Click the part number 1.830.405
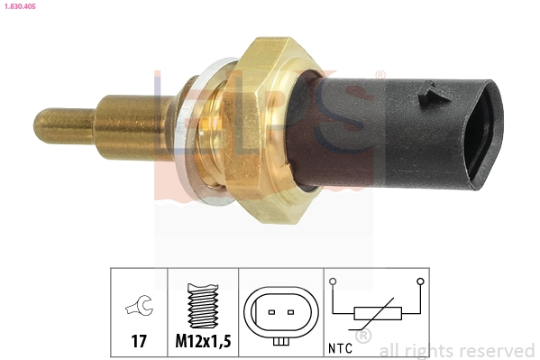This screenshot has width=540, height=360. pos(17,6)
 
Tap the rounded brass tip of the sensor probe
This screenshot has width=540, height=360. pos(41,124)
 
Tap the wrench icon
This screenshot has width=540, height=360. pos(139,309)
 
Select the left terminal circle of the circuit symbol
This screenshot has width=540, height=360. pos(334,282)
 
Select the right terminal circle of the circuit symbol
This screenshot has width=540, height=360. pos(420,282)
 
